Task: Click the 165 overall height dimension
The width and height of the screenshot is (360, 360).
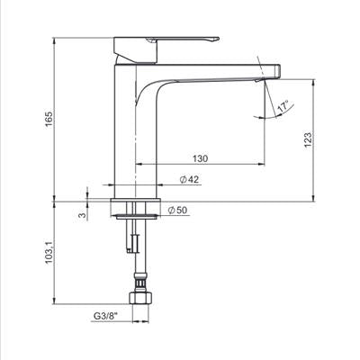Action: coord(49,119)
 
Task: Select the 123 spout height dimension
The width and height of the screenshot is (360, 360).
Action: coord(308,139)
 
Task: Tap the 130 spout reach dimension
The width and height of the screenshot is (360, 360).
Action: coord(200,158)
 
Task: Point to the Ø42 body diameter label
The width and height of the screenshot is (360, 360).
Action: coord(189,179)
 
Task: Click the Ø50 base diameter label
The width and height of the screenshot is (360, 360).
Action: coord(177,211)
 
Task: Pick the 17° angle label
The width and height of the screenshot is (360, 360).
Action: coord(283,107)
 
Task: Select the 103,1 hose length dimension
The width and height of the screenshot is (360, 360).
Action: coord(49,252)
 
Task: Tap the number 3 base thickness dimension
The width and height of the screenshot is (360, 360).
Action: coord(82,215)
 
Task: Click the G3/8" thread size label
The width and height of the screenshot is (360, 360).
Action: coord(105,316)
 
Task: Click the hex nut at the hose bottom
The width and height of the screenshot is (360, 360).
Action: coord(140,297)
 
